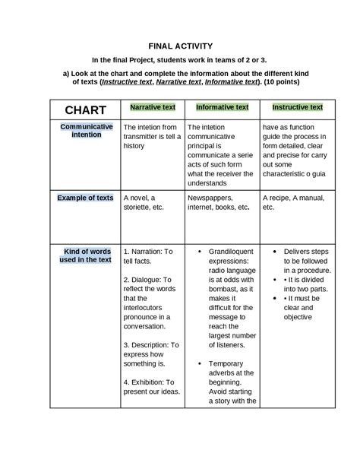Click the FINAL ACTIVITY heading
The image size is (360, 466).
(x=180, y=46)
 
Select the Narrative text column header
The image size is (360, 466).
(x=153, y=108)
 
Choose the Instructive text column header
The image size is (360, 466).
(x=297, y=108)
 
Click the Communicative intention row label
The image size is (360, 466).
(x=87, y=130)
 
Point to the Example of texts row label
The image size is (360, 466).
(x=85, y=198)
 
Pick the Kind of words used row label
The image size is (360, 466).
(x=86, y=255)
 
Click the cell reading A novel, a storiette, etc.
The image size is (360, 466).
(x=144, y=201)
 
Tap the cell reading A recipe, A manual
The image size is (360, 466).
(x=293, y=201)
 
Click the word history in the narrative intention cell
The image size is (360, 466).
(x=134, y=146)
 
